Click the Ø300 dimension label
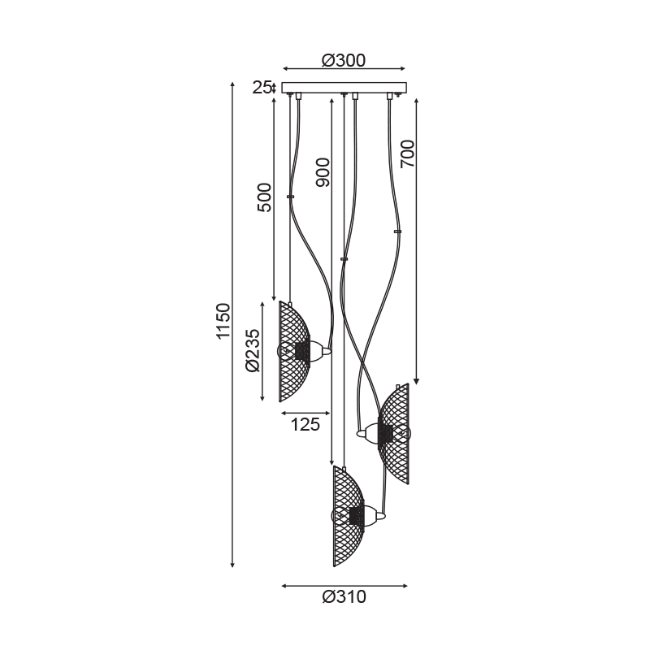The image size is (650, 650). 344,60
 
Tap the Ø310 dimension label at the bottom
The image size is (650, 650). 344,597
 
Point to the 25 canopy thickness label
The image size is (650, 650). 262,88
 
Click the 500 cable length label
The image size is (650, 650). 265,197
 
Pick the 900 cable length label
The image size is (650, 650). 323,172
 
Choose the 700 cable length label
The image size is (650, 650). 407,154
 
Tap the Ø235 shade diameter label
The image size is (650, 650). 253,351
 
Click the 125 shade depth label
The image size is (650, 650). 305,424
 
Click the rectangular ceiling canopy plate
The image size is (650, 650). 344,88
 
